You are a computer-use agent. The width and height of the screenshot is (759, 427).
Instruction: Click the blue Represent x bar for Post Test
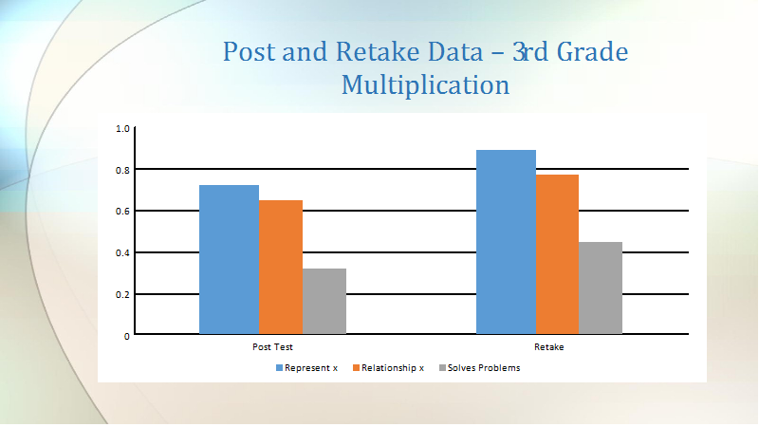[229, 259]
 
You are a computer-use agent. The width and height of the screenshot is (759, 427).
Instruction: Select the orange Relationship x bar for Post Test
[281, 267]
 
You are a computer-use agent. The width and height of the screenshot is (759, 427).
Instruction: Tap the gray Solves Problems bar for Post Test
[324, 301]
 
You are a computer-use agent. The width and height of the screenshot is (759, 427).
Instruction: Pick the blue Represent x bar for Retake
[506, 242]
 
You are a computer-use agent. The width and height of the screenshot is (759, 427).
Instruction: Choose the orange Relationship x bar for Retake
[557, 254]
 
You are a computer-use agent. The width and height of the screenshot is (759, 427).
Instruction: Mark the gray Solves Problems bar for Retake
[601, 288]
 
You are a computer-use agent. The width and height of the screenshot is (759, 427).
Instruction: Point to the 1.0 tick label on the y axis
[122, 129]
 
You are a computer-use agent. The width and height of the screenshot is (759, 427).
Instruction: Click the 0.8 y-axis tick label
[122, 170]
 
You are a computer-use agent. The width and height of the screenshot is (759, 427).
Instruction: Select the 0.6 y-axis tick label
[122, 212]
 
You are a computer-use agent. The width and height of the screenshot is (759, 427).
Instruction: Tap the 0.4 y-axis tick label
[122, 253]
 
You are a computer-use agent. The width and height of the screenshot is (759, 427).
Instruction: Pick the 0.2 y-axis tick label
[122, 295]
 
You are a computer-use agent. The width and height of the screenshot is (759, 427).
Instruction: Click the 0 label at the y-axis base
[127, 337]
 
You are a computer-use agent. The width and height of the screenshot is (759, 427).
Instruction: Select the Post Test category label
[272, 347]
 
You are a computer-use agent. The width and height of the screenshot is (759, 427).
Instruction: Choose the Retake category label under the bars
[549, 347]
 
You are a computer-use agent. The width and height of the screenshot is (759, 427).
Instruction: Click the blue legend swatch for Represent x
[279, 368]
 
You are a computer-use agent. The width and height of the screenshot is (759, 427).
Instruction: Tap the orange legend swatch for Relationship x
[357, 368]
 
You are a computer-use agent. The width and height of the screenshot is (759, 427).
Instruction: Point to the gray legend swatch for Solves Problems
[442, 368]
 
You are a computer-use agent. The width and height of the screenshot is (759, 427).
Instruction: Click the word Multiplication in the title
[425, 85]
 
